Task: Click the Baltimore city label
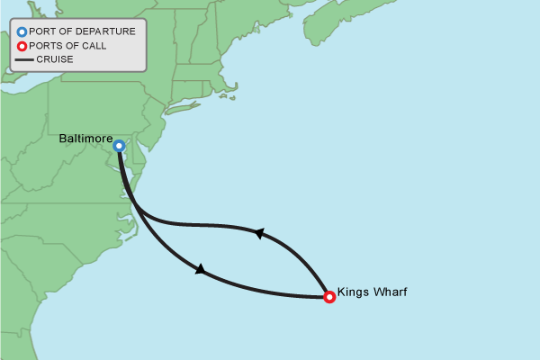(x=85, y=139)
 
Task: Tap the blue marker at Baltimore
(x=119, y=146)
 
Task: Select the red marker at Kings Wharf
(x=329, y=296)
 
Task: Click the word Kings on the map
(x=352, y=293)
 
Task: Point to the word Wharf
(x=390, y=293)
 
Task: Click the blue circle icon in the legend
(x=22, y=32)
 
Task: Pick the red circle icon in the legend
(x=22, y=46)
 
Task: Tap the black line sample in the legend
(x=24, y=60)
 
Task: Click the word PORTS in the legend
(x=47, y=46)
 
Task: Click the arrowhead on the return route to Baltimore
(x=259, y=233)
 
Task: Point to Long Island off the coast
(x=184, y=109)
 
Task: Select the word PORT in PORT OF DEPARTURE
(x=44, y=32)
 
